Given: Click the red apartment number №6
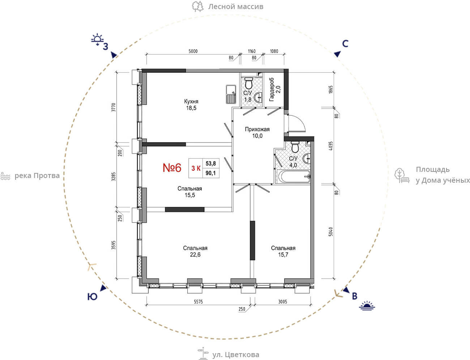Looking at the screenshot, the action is (x=172, y=168).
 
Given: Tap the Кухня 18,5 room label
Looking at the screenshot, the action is (x=191, y=105).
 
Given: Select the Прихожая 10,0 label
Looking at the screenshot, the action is (x=257, y=132).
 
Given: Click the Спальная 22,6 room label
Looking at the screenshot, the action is (x=195, y=251).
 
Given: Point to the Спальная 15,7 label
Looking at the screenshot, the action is (x=283, y=251).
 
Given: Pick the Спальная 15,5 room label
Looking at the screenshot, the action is (x=190, y=192).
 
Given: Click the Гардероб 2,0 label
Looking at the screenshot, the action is (x=274, y=89).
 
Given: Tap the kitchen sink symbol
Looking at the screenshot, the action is (x=231, y=94).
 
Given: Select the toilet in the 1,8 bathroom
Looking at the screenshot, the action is (x=249, y=83).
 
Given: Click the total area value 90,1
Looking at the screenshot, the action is (x=211, y=173).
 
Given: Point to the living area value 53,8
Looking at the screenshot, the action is (x=211, y=164).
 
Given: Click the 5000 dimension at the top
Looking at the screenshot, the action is (x=193, y=51).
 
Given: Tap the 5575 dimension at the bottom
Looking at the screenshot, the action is (x=198, y=302).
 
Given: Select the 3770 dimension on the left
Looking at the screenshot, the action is (x=114, y=107).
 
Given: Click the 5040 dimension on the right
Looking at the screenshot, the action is (x=331, y=232).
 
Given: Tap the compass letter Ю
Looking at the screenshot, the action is (x=92, y=297).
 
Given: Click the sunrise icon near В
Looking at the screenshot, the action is (x=367, y=306).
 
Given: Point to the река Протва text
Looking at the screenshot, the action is (x=37, y=176).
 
